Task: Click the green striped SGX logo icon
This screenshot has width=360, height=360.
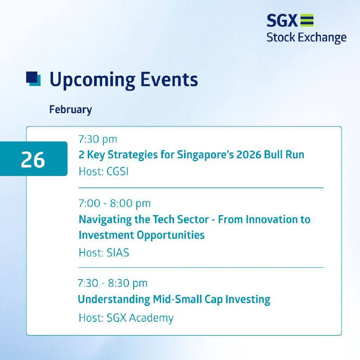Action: (307, 20)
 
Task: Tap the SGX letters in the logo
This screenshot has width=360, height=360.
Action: (282, 20)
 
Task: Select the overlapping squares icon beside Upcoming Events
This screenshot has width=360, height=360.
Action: (33, 79)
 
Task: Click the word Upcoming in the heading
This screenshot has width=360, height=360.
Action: (92, 80)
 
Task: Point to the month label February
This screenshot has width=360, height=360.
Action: (71, 110)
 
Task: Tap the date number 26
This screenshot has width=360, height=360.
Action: (33, 160)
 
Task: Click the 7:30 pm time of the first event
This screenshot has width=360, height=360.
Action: (98, 139)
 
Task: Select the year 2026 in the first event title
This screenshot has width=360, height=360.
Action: (249, 154)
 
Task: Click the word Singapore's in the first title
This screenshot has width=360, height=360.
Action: (205, 155)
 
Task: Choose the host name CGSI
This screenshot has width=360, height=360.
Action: (117, 171)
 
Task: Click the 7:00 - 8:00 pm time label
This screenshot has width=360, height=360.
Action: (115, 204)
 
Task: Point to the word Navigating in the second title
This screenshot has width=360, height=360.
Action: (105, 220)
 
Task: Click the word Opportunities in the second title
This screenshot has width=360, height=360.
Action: (171, 235)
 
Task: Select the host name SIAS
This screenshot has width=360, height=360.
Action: (118, 253)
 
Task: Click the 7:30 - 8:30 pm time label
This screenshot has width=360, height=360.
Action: (112, 283)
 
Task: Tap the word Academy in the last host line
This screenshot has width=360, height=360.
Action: (151, 318)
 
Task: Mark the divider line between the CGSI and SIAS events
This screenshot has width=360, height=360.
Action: (201, 188)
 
